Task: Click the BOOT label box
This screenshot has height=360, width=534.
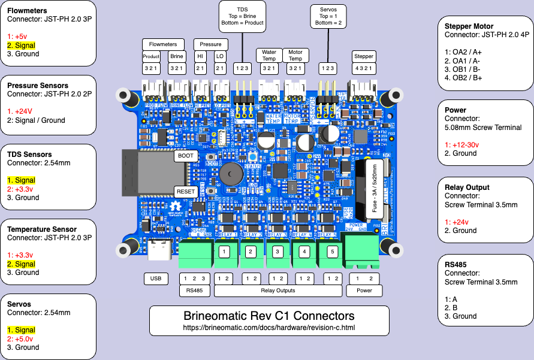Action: [185, 156]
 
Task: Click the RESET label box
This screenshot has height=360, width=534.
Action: [185, 192]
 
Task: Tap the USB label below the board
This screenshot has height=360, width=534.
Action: [156, 279]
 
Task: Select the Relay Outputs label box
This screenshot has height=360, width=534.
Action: [278, 291]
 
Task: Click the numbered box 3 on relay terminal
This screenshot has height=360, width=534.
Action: [277, 252]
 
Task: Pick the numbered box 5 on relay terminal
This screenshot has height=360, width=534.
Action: [332, 252]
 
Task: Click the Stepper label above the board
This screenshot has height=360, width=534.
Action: [364, 56]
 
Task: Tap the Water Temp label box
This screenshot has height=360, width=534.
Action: [269, 56]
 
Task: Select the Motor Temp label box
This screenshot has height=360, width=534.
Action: [295, 56]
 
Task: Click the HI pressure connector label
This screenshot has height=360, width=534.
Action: [200, 56]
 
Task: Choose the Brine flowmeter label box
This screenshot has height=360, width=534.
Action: [177, 56]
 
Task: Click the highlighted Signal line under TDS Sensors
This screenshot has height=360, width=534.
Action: [21, 180]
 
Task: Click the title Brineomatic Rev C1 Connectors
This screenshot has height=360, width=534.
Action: [269, 316]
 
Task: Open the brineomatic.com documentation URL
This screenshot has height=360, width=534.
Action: [269, 328]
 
